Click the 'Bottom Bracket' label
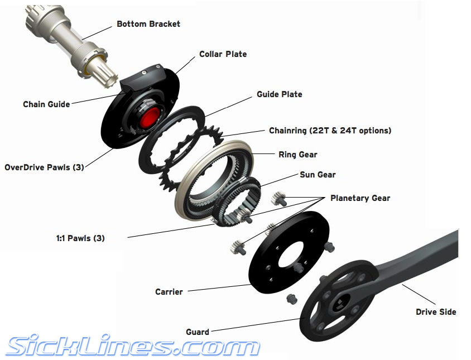pyautogui.click(x=148, y=24)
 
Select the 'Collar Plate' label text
pyautogui.click(x=223, y=54)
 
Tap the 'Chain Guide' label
pyautogui.click(x=46, y=104)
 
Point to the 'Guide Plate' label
pyautogui.click(x=280, y=94)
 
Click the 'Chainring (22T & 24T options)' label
pyautogui.click(x=330, y=131)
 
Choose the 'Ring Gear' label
pyautogui.click(x=297, y=155)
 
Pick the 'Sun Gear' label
pyautogui.click(x=318, y=175)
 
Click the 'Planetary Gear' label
pyautogui.click(x=360, y=198)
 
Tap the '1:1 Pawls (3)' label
pyautogui.click(x=80, y=238)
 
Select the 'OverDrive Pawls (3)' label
pyautogui.click(x=44, y=167)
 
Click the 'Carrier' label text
pyautogui.click(x=169, y=292)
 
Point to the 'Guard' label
pyautogui.click(x=198, y=332)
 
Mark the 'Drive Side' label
pyautogui.click(x=436, y=312)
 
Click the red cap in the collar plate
pyautogui.click(x=150, y=116)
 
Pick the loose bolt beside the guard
pyautogui.click(x=292, y=299)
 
